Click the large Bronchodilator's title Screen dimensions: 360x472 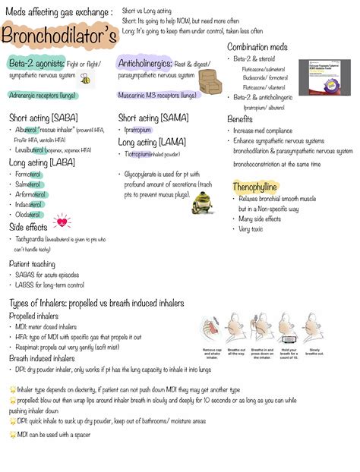(59, 36)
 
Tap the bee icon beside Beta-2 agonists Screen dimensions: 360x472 (87, 78)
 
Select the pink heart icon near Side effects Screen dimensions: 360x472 (61, 222)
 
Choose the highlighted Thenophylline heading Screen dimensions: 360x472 (255, 186)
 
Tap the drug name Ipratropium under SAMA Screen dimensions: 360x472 (138, 130)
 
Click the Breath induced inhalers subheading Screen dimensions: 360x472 (42, 358)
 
